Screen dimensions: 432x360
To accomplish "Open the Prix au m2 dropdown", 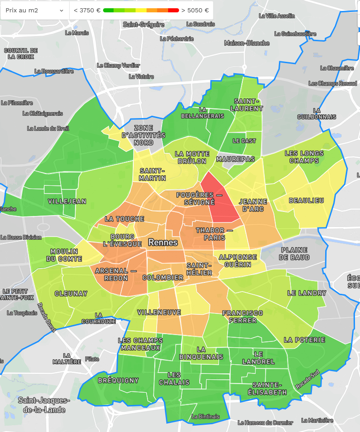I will tap(34, 10).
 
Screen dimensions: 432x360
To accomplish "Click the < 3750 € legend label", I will tap(87, 10).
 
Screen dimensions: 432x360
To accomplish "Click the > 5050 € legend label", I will tap(195, 10).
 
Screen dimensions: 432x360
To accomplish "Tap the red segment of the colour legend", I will tap(174, 10).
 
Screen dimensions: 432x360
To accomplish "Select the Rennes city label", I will tap(163, 243).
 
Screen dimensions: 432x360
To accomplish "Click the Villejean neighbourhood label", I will tap(67, 201).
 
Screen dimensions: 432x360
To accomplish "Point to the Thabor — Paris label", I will tap(211, 234).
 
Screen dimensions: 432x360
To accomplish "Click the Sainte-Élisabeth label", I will tap(270, 389).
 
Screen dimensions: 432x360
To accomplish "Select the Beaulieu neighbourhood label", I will tap(306, 200).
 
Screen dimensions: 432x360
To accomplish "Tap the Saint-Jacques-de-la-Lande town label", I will tap(44, 405).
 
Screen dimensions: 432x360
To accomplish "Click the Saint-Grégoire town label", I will tap(143, 24).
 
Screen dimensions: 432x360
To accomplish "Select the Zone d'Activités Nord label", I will tap(143, 135).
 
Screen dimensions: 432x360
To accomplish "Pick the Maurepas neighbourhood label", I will tap(235, 159).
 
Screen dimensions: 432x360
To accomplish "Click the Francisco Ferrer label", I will tap(243, 317).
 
